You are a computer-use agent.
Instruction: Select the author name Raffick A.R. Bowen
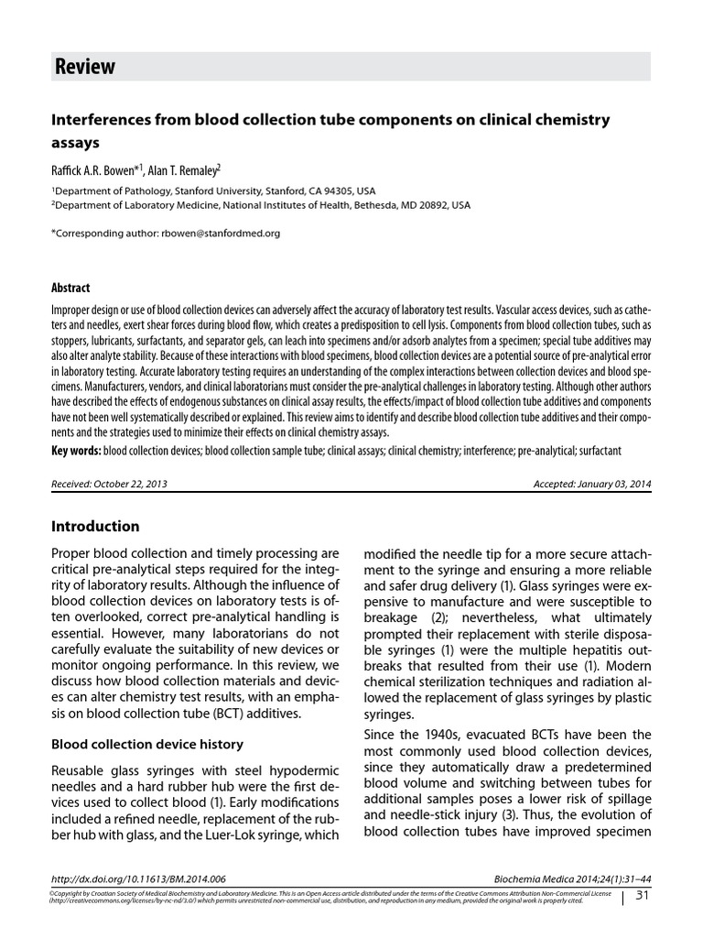pyautogui.click(x=100, y=169)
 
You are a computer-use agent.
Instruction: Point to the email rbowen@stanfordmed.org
pyautogui.click(x=219, y=234)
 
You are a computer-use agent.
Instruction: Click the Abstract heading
pyautogui.click(x=70, y=287)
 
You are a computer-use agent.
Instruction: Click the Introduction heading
pyautogui.click(x=95, y=527)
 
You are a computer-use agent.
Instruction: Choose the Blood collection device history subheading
pyautogui.click(x=146, y=744)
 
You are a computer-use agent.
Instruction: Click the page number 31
pyautogui.click(x=641, y=895)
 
